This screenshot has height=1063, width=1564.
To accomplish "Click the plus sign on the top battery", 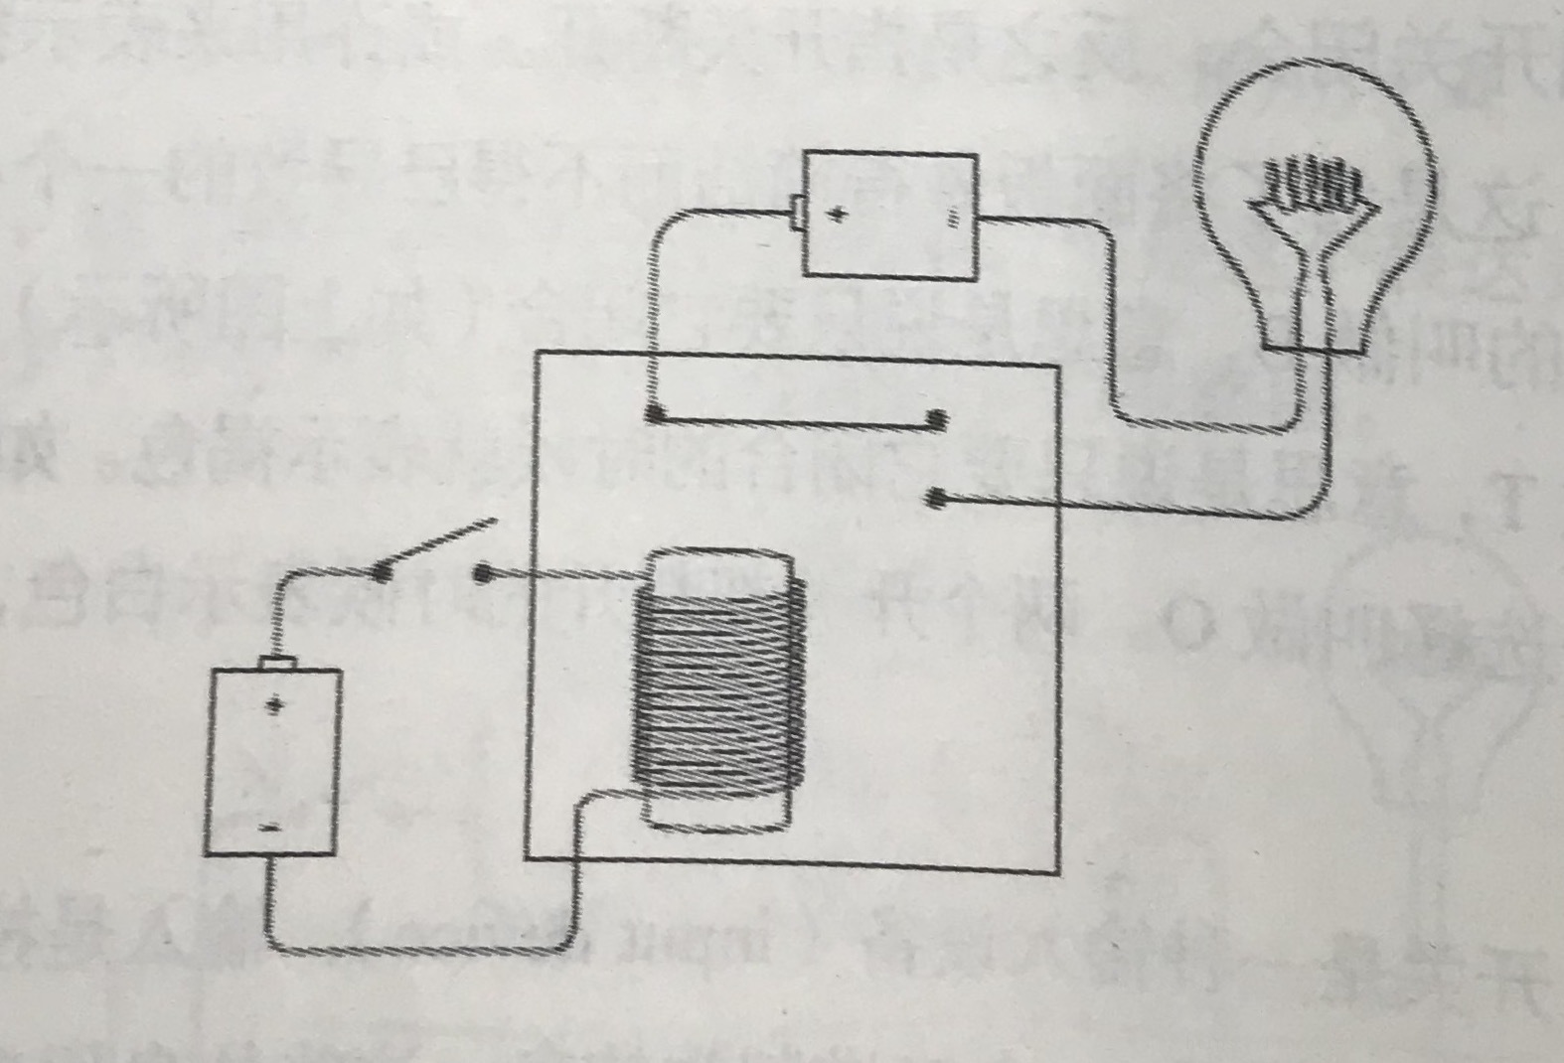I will pyautogui.click(x=838, y=214).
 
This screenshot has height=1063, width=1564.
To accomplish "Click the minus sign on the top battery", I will pyautogui.click(x=953, y=218).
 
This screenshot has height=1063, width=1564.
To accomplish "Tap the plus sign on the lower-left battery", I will pyautogui.click(x=273, y=706).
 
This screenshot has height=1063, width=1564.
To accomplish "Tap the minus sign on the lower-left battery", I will pyautogui.click(x=268, y=828).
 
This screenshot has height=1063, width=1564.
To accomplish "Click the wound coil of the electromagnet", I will pyautogui.click(x=718, y=685).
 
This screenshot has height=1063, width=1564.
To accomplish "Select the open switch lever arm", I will pyautogui.click(x=437, y=545).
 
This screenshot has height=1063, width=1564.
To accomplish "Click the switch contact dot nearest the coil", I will pyautogui.click(x=482, y=573).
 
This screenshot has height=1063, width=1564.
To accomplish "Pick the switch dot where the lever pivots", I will pyautogui.click(x=381, y=571).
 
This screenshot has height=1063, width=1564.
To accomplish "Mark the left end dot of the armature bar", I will pyautogui.click(x=653, y=414).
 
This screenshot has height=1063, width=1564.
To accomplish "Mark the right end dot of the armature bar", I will pyautogui.click(x=936, y=421).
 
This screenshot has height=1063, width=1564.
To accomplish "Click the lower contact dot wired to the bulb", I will pyautogui.click(x=934, y=499).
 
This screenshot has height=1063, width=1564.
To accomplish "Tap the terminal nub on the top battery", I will pyautogui.click(x=796, y=213).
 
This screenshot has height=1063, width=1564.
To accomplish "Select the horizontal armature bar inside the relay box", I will pyautogui.click(x=795, y=419).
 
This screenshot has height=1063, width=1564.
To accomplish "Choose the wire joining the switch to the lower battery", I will pyautogui.click(x=288, y=596).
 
